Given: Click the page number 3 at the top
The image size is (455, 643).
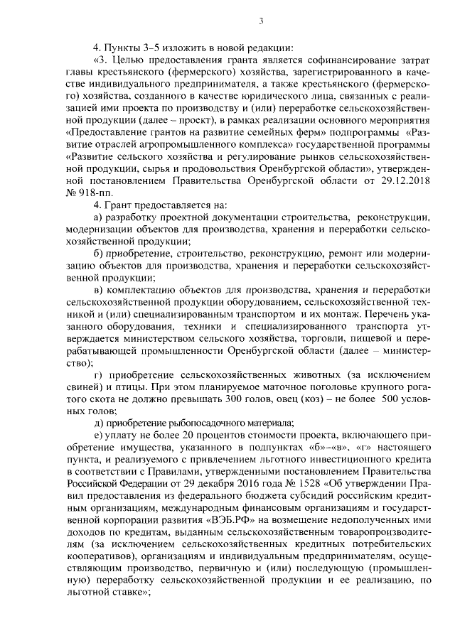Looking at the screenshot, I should tap(261, 21).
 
